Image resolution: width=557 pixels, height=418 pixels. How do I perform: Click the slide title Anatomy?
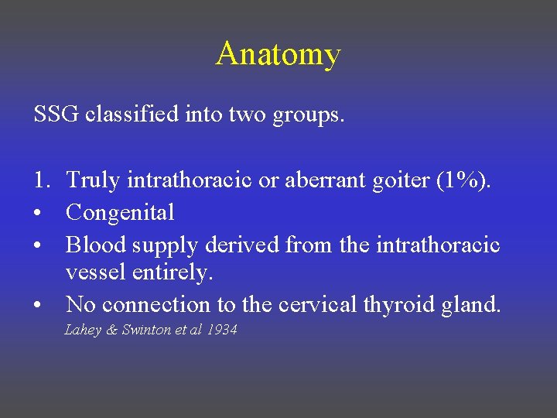(x=278, y=55)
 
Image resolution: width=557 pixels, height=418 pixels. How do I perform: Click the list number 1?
(x=42, y=180)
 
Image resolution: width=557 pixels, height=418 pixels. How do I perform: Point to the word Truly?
(x=93, y=181)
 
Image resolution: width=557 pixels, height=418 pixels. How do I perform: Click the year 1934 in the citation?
(x=221, y=331)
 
